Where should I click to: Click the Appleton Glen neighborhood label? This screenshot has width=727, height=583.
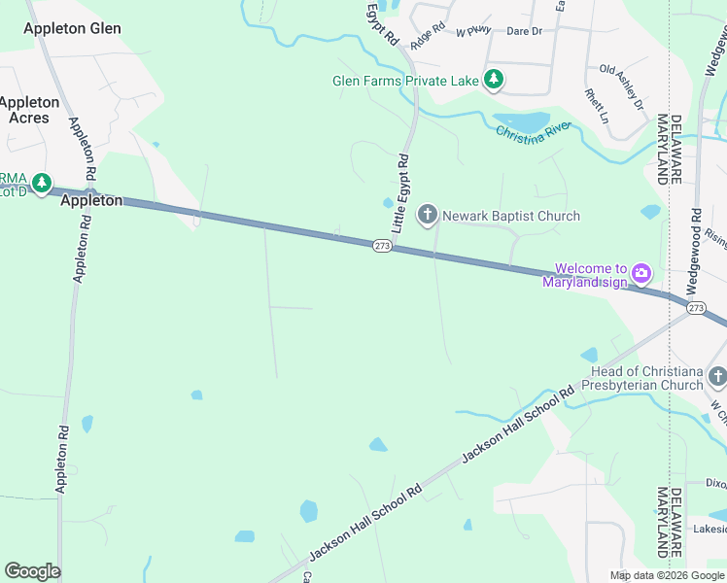point(72,28)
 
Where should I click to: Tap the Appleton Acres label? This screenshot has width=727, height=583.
point(29,110)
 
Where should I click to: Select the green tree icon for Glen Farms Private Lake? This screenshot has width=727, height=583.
point(494,80)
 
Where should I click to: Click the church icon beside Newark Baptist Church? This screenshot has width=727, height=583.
point(428,216)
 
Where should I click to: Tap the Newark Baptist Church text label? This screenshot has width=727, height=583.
point(510,216)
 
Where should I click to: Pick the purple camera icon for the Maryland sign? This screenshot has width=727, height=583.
point(640,273)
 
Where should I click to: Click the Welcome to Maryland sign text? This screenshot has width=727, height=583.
point(591,276)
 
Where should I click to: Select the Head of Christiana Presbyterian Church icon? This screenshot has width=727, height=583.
point(717,377)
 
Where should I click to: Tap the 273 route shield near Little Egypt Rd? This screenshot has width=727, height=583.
point(382,247)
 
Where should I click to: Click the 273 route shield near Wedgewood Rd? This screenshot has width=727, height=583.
point(696,307)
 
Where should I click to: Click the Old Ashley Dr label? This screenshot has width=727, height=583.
point(623,86)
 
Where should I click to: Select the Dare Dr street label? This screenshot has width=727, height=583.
point(524,32)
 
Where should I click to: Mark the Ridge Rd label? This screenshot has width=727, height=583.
point(427,38)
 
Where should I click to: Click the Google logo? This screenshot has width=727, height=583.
point(32,571)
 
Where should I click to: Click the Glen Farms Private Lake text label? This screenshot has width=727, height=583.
point(405,81)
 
